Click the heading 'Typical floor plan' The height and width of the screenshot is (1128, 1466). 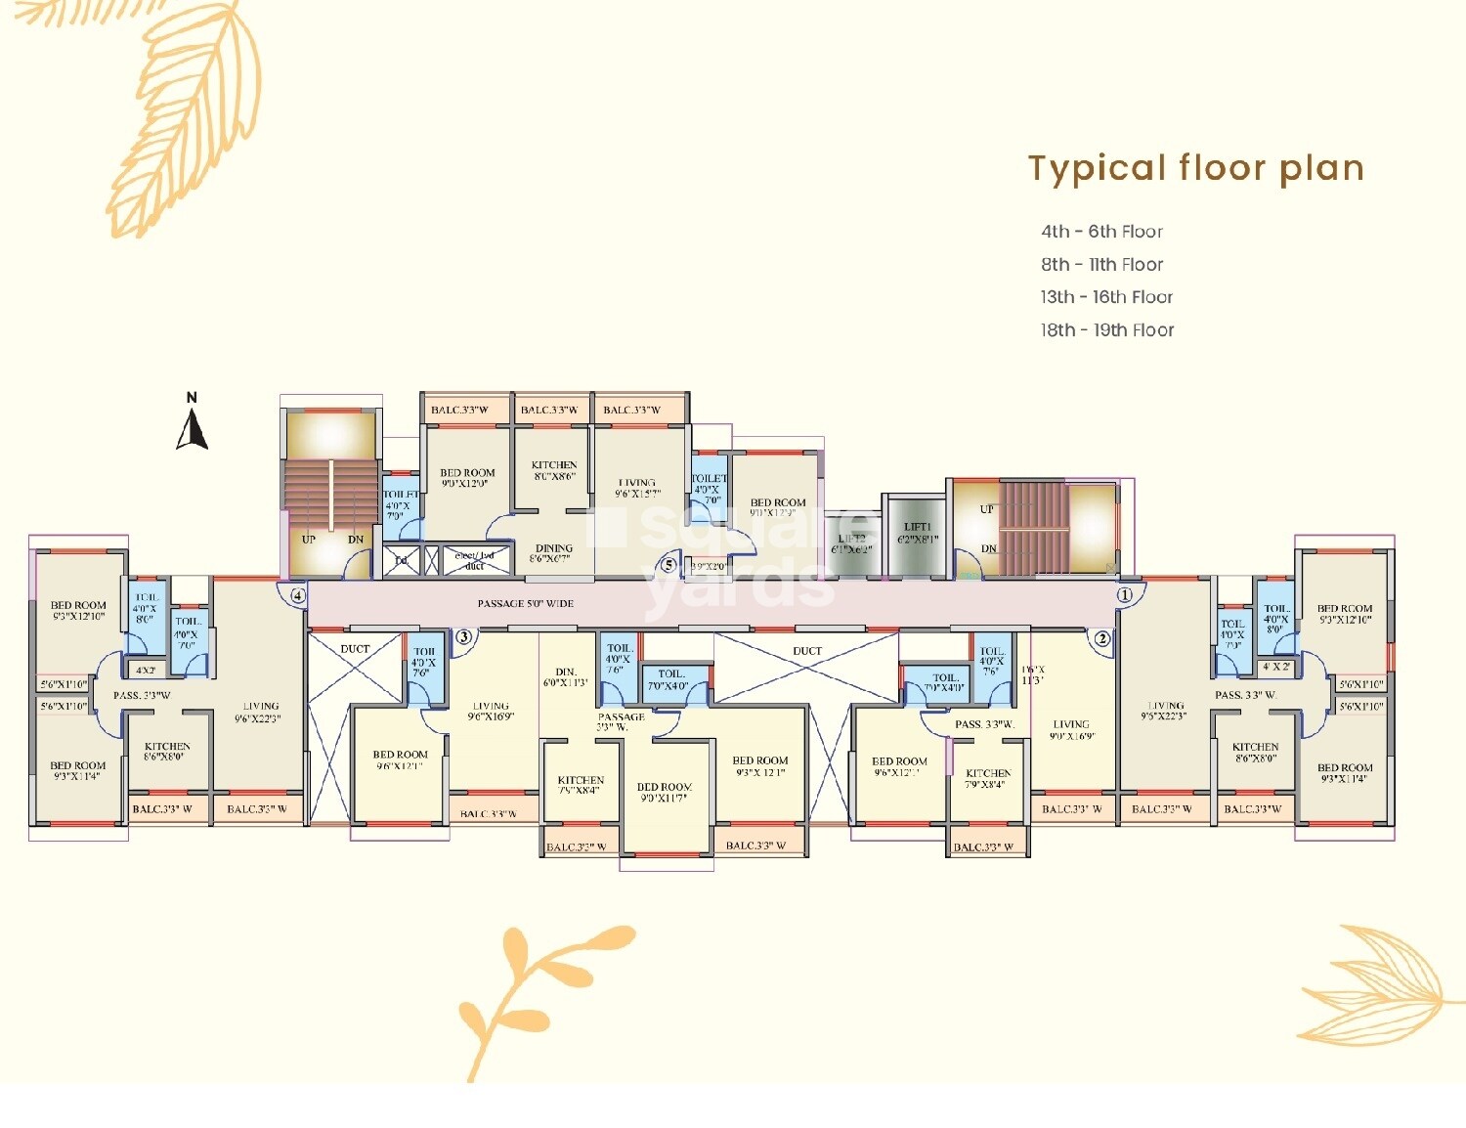(1195, 168)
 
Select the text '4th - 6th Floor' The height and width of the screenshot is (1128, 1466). (1101, 232)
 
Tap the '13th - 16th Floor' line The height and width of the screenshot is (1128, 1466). (1106, 297)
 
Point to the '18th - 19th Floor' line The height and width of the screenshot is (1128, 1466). (1106, 330)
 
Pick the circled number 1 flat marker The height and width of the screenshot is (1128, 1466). (1125, 594)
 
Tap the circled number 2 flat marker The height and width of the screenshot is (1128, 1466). (1102, 639)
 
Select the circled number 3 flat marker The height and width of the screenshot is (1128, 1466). (464, 637)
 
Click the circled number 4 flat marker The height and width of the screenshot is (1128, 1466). (298, 594)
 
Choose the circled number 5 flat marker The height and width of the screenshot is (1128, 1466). (668, 565)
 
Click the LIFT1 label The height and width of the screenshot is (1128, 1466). (918, 533)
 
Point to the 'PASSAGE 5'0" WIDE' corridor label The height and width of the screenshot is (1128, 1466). (525, 604)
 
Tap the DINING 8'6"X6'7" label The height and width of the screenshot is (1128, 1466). (553, 554)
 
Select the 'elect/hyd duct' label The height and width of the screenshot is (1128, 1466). (475, 560)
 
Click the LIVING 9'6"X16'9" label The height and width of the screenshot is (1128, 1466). (491, 711)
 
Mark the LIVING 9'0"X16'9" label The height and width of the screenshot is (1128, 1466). (1071, 730)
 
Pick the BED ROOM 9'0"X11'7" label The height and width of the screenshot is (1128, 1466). (665, 792)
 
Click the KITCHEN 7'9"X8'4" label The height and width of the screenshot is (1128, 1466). (988, 778)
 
